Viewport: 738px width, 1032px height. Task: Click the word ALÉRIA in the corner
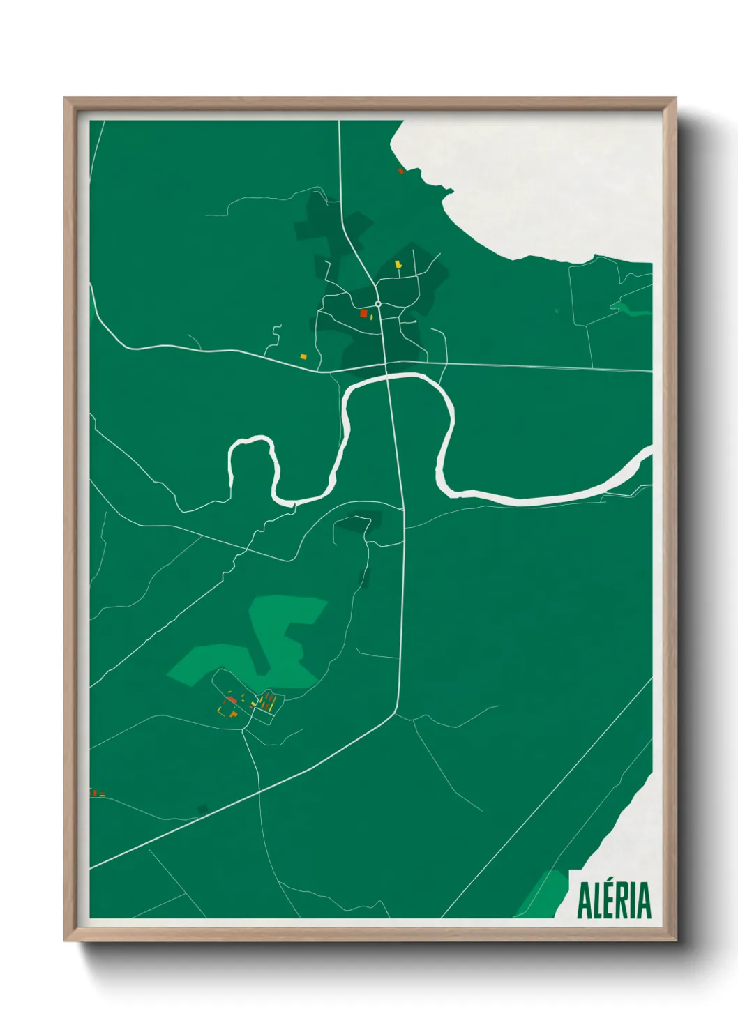click(614, 900)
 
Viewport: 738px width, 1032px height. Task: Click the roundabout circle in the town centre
click(378, 304)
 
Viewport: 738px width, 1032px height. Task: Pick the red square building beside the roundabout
click(363, 314)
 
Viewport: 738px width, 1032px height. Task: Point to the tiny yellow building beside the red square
click(372, 317)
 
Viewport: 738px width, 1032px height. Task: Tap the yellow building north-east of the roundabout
click(398, 265)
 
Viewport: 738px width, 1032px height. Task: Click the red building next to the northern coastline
click(400, 170)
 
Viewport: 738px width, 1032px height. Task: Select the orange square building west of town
click(303, 356)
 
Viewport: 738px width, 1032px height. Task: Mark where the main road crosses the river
click(389, 377)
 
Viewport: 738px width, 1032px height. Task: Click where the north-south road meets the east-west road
click(386, 364)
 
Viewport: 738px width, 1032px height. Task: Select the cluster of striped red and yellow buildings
click(267, 701)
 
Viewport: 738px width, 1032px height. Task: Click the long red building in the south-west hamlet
click(232, 699)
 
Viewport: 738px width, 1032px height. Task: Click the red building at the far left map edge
click(93, 792)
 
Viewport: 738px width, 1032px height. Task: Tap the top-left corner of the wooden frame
click(66, 98)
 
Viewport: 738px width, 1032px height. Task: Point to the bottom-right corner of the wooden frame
click(675, 940)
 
